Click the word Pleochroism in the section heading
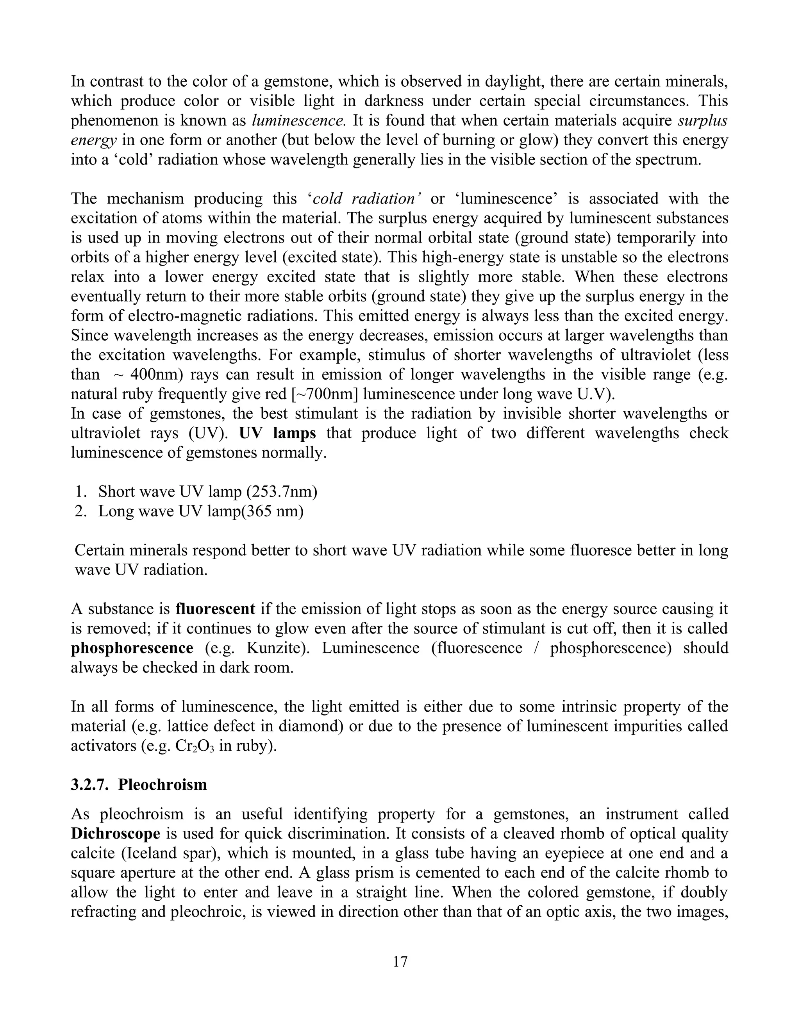click(x=162, y=784)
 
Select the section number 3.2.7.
click(x=90, y=784)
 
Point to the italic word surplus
click(x=702, y=120)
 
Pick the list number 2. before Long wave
click(x=80, y=511)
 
